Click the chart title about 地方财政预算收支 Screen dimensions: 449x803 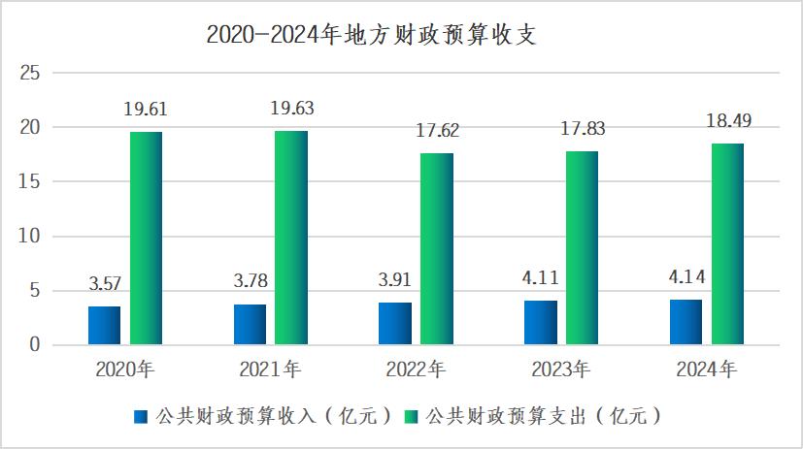click(x=372, y=35)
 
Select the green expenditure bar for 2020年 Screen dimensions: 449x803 click(x=146, y=238)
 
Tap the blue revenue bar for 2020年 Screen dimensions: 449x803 click(x=104, y=325)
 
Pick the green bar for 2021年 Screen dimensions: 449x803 click(x=291, y=238)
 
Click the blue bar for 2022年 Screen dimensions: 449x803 click(x=395, y=323)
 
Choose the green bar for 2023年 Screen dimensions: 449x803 click(x=583, y=247)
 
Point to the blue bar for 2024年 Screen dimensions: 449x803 click(x=686, y=322)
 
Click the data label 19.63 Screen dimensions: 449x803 click(x=292, y=108)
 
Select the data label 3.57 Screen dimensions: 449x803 click(x=104, y=284)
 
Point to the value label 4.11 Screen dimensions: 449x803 click(x=540, y=278)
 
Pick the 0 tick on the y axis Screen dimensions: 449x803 click(x=34, y=344)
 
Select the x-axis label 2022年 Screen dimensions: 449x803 click(x=417, y=369)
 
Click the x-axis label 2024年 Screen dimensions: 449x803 click(x=707, y=369)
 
